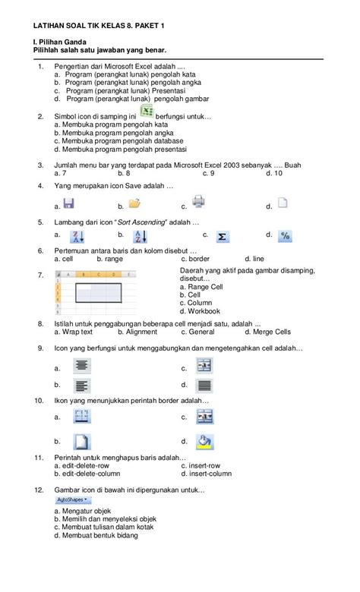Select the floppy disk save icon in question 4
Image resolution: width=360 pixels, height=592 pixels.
[68, 203]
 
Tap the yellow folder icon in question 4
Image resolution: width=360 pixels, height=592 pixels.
[134, 203]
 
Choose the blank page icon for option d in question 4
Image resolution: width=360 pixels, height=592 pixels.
[282, 203]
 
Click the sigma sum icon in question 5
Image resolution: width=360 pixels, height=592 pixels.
[223, 237]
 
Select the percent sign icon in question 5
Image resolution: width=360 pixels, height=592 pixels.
[284, 236]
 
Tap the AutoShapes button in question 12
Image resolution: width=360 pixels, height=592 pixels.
[73, 500]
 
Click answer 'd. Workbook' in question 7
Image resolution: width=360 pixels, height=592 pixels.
[201, 311]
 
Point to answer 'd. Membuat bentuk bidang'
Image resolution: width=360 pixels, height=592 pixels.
[96, 534]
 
